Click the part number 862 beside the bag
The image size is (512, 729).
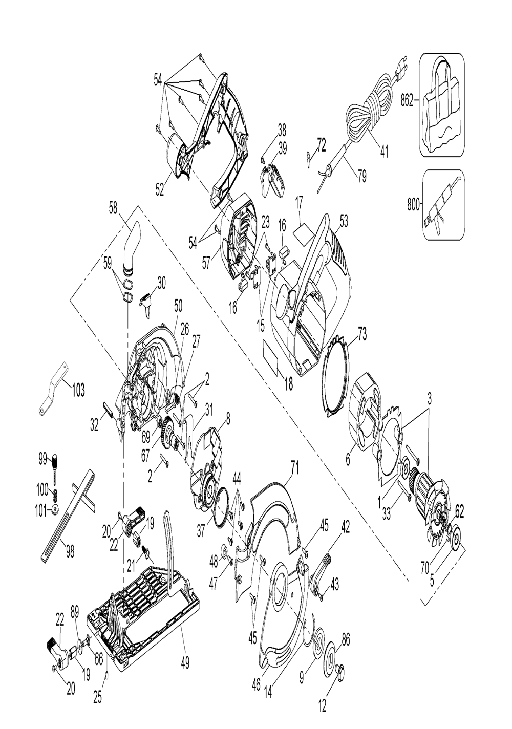coord(406,102)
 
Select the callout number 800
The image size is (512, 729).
coord(413,206)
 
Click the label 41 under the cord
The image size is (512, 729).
coord(385,153)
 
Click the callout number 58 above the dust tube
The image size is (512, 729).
coord(113,208)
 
